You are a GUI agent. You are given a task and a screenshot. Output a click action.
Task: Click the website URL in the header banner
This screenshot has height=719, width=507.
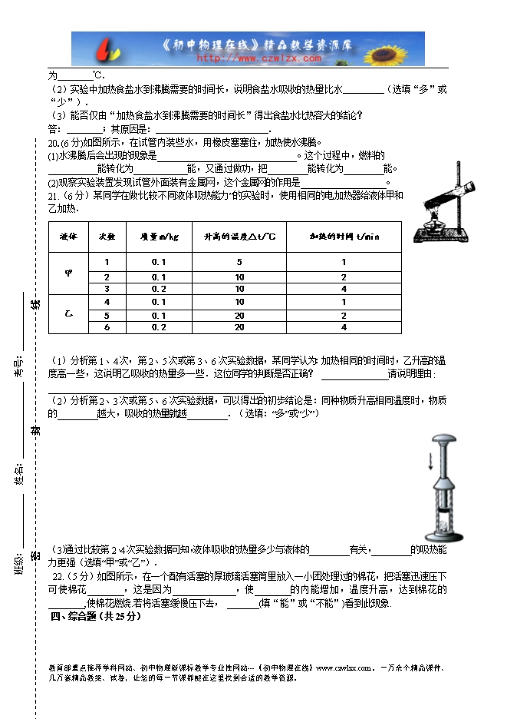point(258,58)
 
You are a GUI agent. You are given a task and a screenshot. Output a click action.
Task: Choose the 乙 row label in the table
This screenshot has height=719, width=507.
point(69,314)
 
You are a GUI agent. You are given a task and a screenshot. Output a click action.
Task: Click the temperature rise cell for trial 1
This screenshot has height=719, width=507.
point(239,263)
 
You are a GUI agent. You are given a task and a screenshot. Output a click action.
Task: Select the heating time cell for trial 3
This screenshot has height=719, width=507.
point(344,289)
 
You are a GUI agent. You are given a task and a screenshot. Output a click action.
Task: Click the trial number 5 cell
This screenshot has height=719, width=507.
point(107,315)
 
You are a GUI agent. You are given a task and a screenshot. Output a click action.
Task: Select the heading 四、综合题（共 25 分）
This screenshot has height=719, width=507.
point(96,616)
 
